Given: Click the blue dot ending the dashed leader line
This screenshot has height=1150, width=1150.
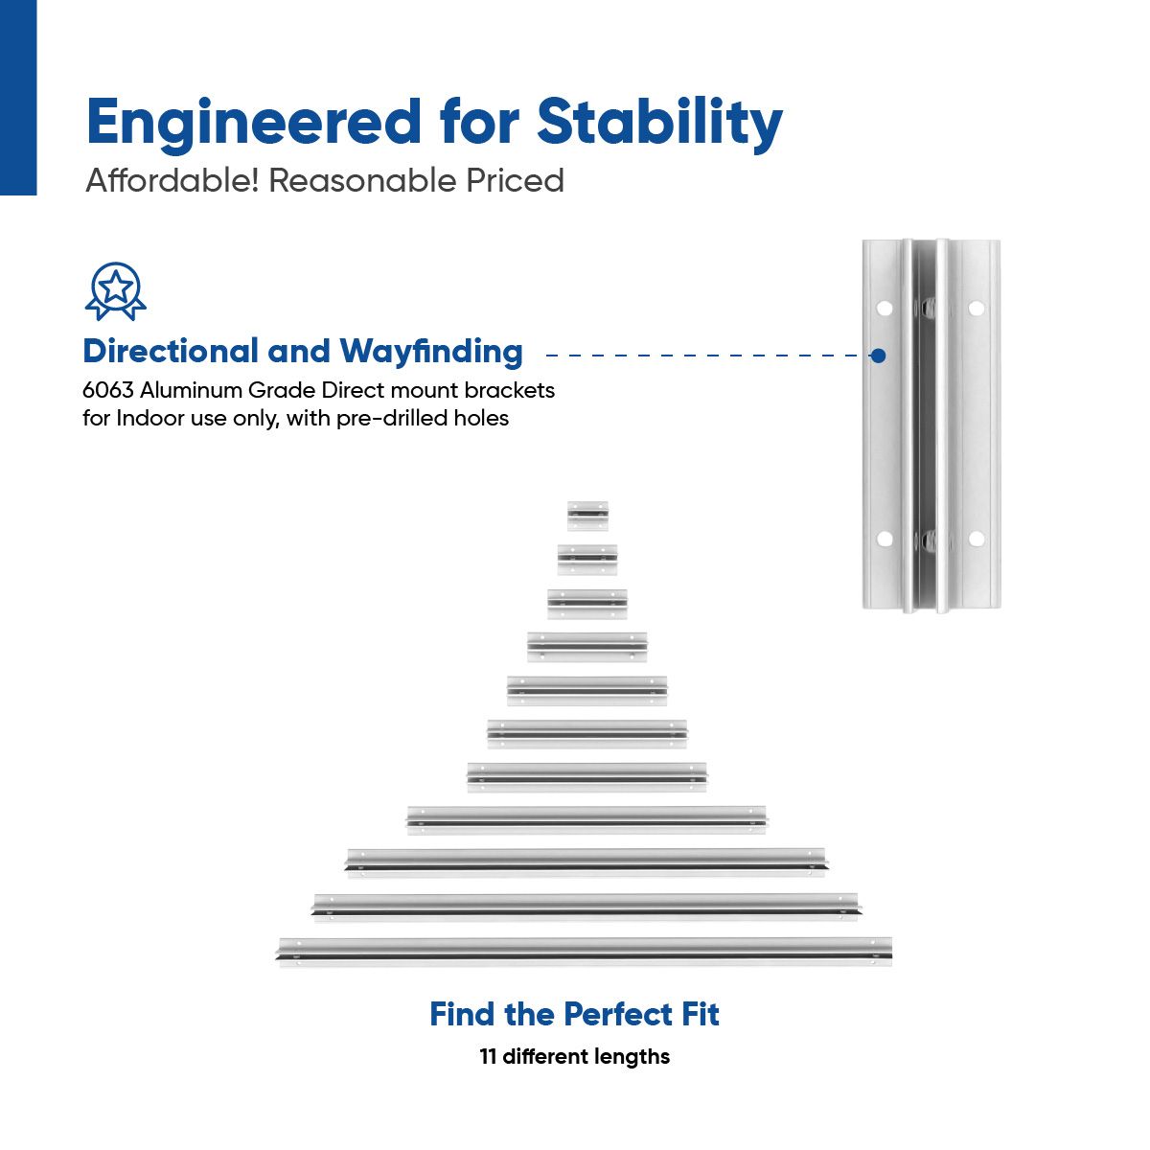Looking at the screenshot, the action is tap(877, 356).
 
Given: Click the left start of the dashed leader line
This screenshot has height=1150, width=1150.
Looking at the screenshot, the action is tap(546, 356).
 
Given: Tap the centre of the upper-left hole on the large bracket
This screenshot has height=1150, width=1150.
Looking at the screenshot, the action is tap(885, 309).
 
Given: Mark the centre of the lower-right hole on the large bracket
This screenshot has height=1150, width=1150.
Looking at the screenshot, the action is tap(977, 539).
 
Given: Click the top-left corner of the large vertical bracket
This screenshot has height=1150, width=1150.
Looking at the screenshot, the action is tap(862, 241).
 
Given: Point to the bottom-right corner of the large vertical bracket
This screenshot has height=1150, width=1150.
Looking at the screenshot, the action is tap(1000, 608).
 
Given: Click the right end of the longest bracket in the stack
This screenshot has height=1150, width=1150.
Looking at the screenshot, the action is tap(891, 952).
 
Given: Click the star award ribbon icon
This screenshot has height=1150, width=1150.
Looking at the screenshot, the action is tap(116, 291).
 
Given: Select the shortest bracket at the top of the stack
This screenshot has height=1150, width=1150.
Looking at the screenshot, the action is tap(587, 516).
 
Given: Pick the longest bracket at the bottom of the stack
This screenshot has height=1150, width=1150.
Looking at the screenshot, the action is tap(585, 952).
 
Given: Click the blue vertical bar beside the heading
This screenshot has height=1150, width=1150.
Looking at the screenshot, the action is tap(18, 98).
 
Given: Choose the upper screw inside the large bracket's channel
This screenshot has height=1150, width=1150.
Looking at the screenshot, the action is tap(926, 308).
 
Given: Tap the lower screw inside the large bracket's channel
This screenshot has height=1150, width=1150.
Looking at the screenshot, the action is tap(926, 540).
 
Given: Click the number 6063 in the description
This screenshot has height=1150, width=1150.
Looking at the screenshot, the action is tap(108, 390).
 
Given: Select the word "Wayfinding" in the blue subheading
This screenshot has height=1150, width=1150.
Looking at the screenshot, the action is tap(431, 352).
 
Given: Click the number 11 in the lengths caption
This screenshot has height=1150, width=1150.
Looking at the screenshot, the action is tap(488, 1056).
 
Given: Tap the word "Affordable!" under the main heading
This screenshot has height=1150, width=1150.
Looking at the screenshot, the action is tap(172, 180).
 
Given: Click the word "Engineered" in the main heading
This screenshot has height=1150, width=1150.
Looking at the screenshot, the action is tap(254, 124).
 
